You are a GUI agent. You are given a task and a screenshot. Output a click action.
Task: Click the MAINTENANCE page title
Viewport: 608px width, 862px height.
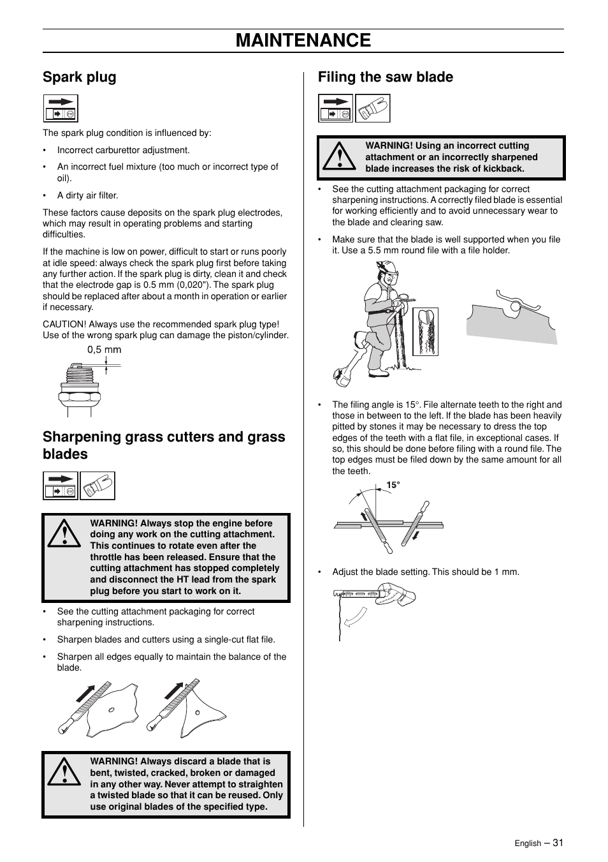click(x=303, y=40)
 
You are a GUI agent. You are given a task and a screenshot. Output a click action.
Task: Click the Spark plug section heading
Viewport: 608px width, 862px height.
click(x=80, y=77)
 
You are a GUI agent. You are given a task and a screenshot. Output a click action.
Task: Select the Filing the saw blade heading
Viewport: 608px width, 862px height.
click(x=386, y=77)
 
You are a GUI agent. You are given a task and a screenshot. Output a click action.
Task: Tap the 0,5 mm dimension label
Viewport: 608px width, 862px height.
click(x=104, y=350)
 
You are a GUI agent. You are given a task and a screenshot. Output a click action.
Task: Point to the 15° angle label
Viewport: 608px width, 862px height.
click(x=393, y=486)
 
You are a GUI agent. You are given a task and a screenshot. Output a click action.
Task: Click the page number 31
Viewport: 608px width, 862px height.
click(x=558, y=842)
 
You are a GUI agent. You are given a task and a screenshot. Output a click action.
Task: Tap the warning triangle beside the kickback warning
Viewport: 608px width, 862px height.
click(x=339, y=158)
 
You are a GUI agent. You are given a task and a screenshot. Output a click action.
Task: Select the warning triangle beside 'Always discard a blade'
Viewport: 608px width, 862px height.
click(x=64, y=773)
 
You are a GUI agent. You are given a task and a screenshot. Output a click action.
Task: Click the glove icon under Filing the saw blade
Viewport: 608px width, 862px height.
click(x=372, y=108)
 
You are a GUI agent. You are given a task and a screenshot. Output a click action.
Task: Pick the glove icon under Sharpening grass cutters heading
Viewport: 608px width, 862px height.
click(x=98, y=486)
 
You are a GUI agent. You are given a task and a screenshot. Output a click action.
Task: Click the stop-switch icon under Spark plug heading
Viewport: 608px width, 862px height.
click(x=61, y=108)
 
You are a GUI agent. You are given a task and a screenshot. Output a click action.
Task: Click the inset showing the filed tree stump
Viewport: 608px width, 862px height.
click(x=425, y=331)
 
